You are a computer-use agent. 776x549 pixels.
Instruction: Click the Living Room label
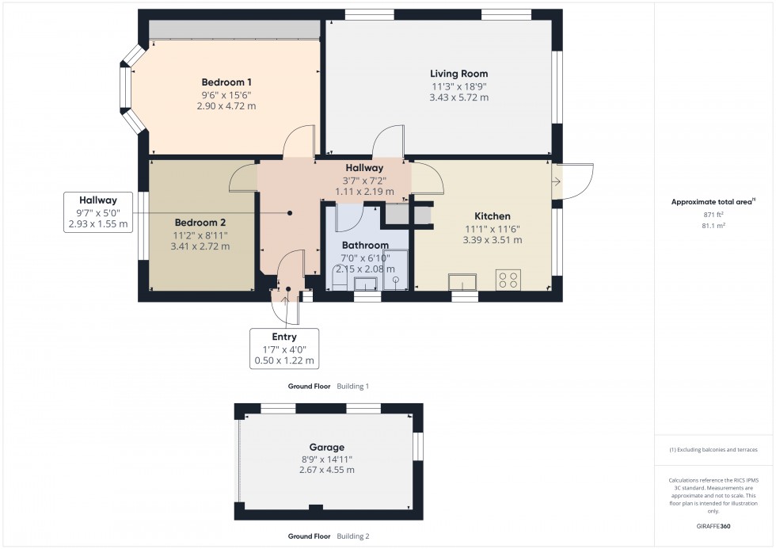[459, 74]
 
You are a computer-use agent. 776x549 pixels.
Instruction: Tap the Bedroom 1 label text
[226, 82]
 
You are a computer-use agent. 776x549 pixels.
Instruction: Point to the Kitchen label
[492, 215]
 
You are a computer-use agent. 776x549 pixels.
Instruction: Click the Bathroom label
[365, 246]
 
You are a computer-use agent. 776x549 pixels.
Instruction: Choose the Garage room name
[327, 447]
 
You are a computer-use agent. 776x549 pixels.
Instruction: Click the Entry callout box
[283, 349]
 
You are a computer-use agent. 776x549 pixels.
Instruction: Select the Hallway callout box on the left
[98, 212]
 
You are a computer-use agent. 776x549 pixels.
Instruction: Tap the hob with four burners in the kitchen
[507, 280]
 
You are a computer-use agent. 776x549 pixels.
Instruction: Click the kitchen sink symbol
[464, 281]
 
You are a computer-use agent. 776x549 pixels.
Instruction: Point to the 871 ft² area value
[709, 215]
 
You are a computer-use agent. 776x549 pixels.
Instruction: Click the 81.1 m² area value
[709, 225]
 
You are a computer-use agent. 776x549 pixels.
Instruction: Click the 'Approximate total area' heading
[713, 201]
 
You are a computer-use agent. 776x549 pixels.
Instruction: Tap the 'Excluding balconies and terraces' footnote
[713, 450]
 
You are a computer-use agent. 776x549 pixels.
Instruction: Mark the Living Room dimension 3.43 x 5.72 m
[459, 97]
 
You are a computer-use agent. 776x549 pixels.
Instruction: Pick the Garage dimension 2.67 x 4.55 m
[327, 470]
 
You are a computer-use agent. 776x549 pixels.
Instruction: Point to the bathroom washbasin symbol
[366, 284]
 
